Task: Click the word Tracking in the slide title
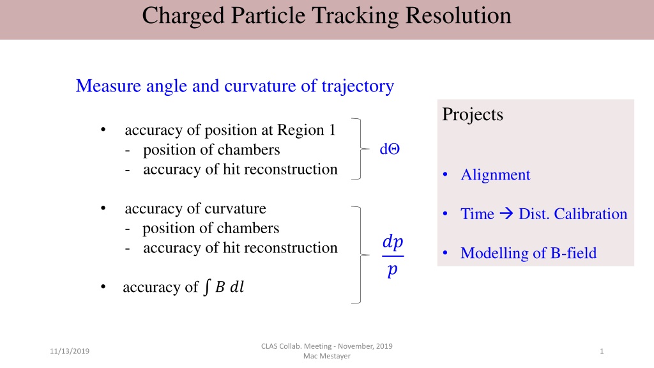[356, 17]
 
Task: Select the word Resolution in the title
[459, 15]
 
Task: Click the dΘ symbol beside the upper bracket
[390, 149]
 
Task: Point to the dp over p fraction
[393, 256]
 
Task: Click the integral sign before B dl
[207, 287]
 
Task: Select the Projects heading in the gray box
[473, 115]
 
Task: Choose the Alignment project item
[496, 175]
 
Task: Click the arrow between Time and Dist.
[506, 213]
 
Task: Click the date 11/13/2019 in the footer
[70, 351]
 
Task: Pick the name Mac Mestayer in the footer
[326, 356]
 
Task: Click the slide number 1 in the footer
[602, 351]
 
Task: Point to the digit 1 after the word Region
[332, 130]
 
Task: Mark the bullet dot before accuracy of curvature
[103, 208]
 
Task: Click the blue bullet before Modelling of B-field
[445, 253]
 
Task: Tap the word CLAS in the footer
[270, 346]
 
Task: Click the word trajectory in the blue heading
[358, 87]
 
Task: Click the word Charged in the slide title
[183, 17]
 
